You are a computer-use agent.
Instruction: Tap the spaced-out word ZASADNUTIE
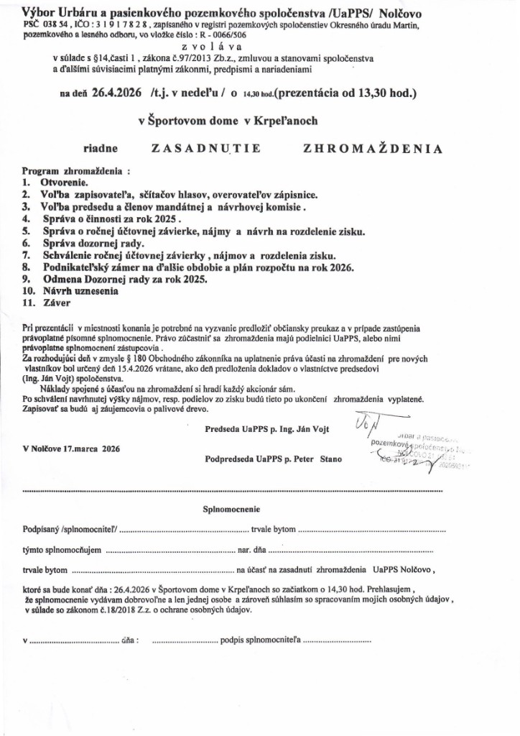(x=205, y=149)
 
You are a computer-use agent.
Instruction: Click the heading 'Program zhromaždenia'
(x=76, y=172)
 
